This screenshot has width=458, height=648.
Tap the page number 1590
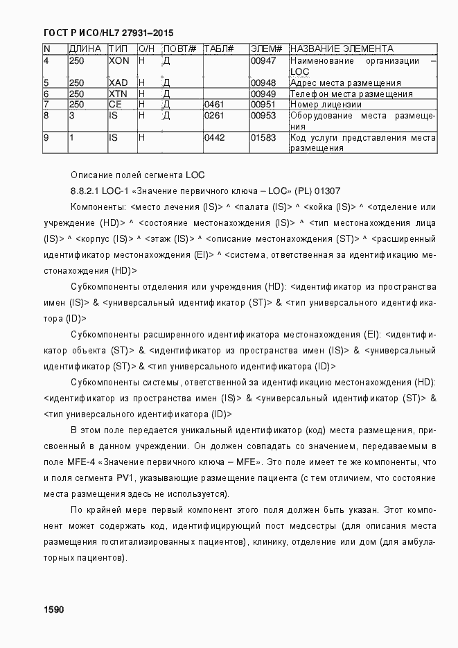53,609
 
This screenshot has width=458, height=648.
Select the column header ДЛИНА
86,49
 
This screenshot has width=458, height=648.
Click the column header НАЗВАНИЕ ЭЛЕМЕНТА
342,49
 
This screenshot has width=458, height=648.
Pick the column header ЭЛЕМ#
265,49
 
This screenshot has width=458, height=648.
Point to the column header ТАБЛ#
218,49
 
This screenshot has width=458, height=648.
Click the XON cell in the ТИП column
119,61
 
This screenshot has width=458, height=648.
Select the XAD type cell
118,83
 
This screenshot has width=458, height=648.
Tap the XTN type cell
118,94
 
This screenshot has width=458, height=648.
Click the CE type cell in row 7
115,105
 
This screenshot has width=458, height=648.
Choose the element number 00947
263,61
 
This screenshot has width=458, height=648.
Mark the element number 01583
263,138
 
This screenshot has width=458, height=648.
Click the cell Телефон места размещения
351,94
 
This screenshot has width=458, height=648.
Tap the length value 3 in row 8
71,116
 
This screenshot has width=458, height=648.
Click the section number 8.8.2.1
87,190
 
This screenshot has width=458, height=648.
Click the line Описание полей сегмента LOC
138,173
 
